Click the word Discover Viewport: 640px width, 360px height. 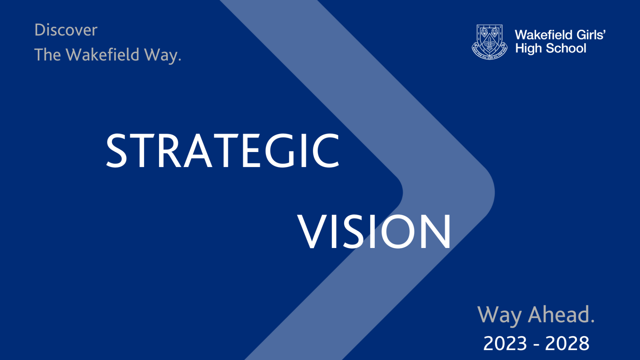(x=66, y=30)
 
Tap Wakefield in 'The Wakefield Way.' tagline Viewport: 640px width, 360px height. (x=103, y=55)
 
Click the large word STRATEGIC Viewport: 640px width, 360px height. (x=222, y=151)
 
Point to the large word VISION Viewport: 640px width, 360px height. (x=374, y=232)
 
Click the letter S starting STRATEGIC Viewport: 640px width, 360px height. (x=117, y=151)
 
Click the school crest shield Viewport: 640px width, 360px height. (x=489, y=40)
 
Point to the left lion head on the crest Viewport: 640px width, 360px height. (x=484, y=33)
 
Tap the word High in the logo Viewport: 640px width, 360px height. (x=528, y=49)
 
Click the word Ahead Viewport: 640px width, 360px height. (x=561, y=315)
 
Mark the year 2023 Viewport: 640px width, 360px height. (x=505, y=344)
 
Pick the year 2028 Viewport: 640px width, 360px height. (x=567, y=344)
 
